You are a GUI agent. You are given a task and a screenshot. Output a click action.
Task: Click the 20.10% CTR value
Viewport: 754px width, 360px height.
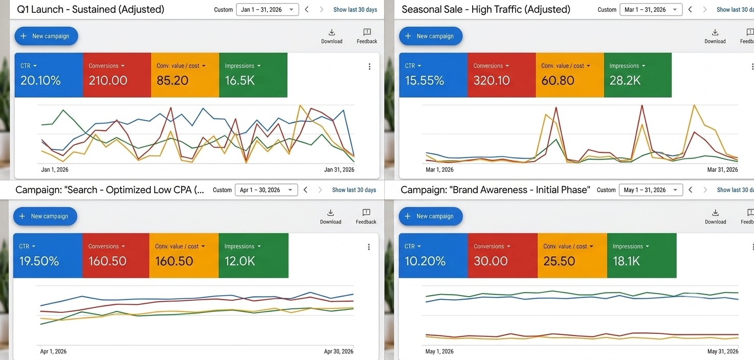pyautogui.click(x=40, y=80)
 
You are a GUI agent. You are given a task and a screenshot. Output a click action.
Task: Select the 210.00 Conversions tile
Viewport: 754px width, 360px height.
pyautogui.click(x=117, y=75)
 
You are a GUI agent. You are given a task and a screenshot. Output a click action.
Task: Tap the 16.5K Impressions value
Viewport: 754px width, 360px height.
pyautogui.click(x=240, y=80)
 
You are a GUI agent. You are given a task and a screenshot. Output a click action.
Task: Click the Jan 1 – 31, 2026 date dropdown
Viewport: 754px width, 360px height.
pyautogui.click(x=267, y=9)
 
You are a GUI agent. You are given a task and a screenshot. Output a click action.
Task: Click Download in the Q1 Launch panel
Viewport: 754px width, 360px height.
pyautogui.click(x=331, y=36)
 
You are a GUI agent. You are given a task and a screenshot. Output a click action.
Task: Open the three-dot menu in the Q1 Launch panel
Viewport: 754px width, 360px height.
pyautogui.click(x=369, y=66)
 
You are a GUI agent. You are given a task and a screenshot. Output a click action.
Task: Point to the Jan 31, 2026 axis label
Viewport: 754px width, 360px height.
pyautogui.click(x=339, y=170)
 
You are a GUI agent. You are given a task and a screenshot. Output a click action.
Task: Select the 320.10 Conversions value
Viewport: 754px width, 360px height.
pyautogui.click(x=492, y=80)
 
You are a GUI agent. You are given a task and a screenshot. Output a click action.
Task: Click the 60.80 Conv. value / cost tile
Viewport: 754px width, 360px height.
pyautogui.click(x=569, y=75)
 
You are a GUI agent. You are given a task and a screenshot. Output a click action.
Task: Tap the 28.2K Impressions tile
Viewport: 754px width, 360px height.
pyautogui.click(x=638, y=75)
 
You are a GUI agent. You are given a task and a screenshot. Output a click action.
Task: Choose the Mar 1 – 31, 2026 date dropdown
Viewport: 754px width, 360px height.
pyautogui.click(x=651, y=9)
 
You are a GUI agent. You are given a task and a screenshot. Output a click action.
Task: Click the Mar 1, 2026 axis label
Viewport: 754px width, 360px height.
pyautogui.click(x=439, y=170)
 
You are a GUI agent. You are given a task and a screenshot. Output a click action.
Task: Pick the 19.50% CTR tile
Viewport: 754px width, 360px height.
pyautogui.click(x=48, y=255)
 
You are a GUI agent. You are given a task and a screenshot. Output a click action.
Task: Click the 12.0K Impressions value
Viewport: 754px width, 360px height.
pyautogui.click(x=240, y=261)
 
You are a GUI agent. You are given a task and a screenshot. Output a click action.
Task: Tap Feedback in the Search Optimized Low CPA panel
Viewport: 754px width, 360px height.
pyautogui.click(x=366, y=217)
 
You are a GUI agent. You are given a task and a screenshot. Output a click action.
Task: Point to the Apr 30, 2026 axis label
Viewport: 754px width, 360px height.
pyautogui.click(x=339, y=351)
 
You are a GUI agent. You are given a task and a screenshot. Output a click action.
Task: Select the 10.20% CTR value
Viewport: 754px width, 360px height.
pyautogui.click(x=425, y=261)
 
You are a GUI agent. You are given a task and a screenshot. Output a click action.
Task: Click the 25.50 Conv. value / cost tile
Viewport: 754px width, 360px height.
pyautogui.click(x=572, y=255)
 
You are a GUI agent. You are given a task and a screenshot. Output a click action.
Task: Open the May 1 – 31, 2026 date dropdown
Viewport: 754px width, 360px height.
pyautogui.click(x=651, y=190)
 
